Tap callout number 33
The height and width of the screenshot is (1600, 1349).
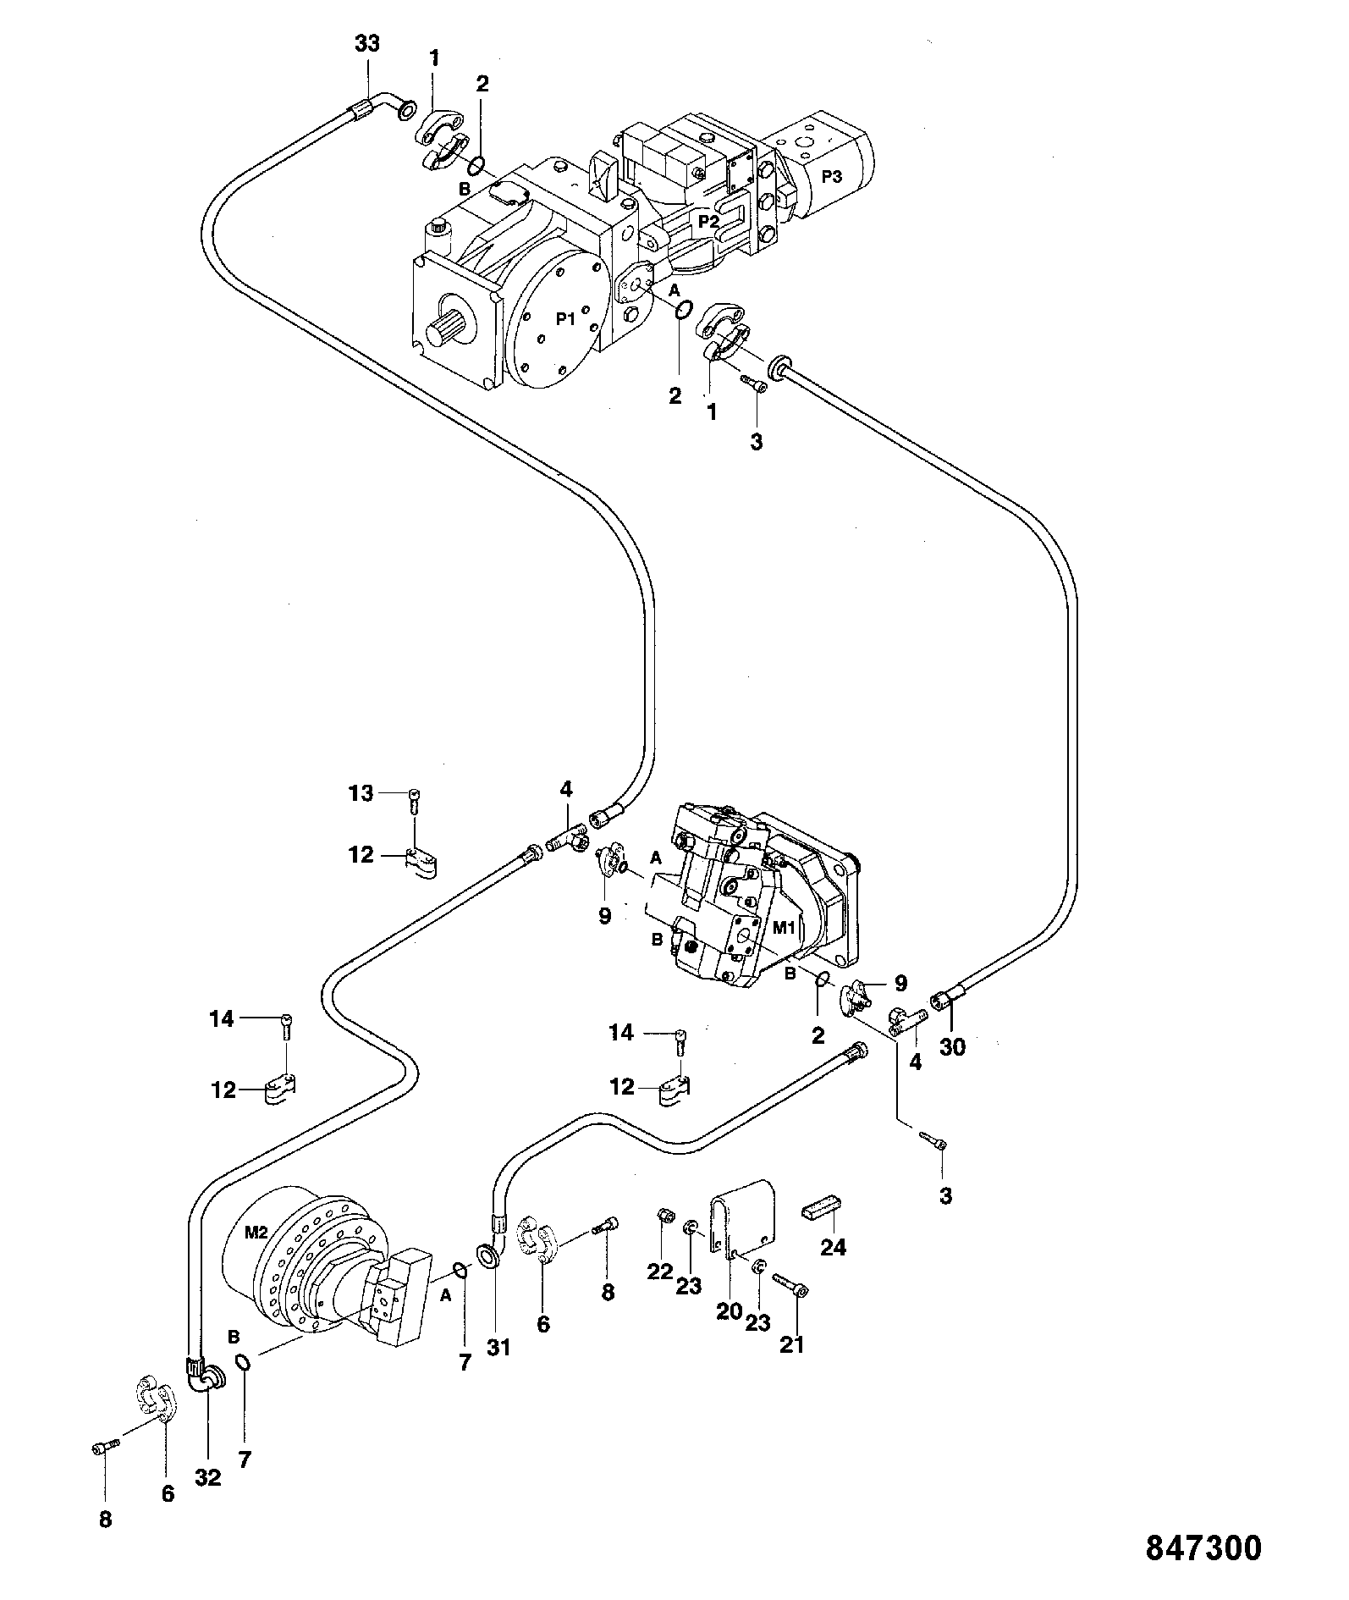click(367, 44)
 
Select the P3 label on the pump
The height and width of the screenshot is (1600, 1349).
click(832, 175)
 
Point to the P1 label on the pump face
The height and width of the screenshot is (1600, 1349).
click(565, 319)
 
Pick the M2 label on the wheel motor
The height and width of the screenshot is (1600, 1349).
click(257, 1233)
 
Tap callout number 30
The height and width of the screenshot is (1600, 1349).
click(952, 1047)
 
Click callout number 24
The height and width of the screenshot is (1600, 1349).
click(834, 1247)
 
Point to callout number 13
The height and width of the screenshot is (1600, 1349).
click(361, 794)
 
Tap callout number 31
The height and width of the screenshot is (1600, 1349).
click(498, 1347)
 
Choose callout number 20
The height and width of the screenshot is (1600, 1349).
click(730, 1312)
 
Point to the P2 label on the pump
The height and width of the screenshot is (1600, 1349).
click(709, 220)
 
